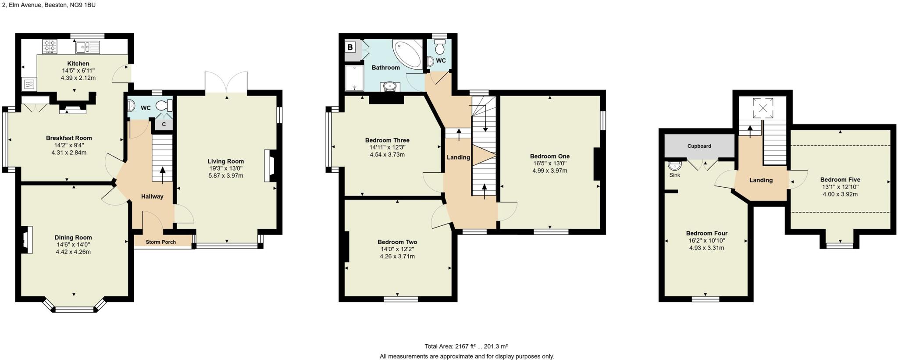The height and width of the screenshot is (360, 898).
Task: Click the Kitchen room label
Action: pos(78,64)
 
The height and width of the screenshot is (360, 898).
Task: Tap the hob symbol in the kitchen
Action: pos(50,46)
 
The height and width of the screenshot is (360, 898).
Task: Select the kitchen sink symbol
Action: pos(87,46)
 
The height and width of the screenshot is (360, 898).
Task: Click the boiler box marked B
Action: pos(350,47)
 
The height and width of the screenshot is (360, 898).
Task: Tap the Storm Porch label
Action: pos(160,242)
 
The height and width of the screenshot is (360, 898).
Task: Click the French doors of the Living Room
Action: pos(226,82)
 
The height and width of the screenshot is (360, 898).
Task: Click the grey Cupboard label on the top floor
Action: pos(699,146)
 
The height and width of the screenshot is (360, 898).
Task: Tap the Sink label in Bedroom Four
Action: pos(674,175)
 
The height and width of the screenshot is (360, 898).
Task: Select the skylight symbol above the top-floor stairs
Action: pos(763,108)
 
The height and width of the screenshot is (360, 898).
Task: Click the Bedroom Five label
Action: pos(840,179)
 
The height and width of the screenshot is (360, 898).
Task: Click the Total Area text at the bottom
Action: pos(466,346)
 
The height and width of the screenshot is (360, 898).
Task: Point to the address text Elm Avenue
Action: pos(29,5)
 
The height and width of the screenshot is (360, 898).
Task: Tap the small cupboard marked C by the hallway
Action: pos(163,125)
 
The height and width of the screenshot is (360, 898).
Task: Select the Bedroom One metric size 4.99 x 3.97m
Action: pos(549,171)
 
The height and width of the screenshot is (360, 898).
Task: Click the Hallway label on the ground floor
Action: pos(152,196)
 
